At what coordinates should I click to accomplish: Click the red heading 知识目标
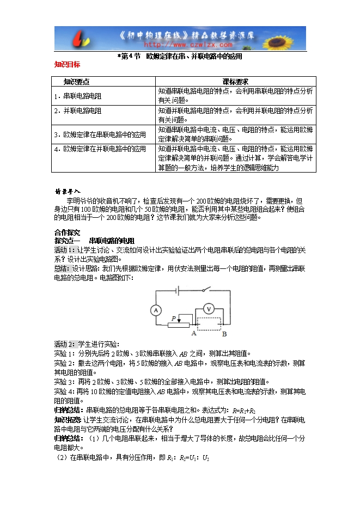(68, 64)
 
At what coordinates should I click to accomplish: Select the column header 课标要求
(235, 82)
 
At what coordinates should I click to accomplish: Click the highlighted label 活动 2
(65, 344)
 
